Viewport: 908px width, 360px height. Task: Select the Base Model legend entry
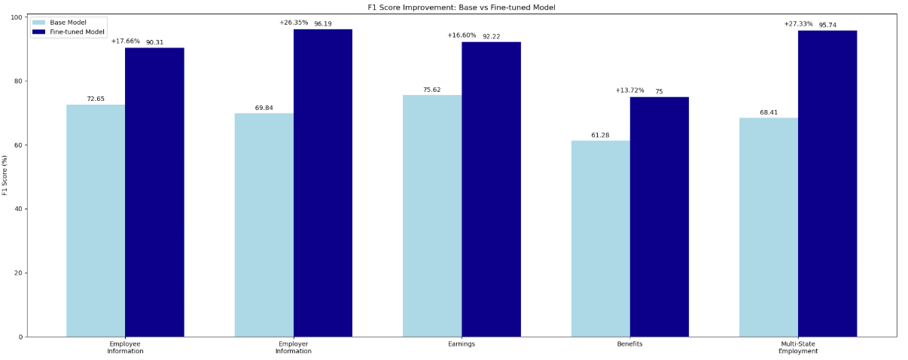pos(68,22)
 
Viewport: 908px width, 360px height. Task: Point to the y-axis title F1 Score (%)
pos(5,175)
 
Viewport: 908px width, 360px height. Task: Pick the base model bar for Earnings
pos(432,215)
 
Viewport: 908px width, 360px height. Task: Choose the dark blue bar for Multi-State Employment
pos(827,184)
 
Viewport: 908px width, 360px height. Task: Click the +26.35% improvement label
pos(294,23)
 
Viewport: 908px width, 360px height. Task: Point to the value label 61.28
pos(600,135)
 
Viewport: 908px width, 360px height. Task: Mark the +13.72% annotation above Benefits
pos(629,90)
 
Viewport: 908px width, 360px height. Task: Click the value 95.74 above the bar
pos(827,25)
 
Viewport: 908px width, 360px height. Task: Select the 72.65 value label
pos(96,99)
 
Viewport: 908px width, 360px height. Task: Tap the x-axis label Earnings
pos(462,344)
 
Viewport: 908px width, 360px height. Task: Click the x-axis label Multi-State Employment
pos(798,348)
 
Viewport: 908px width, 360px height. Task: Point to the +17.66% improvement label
pos(125,41)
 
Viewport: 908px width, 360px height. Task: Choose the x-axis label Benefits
pos(629,344)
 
